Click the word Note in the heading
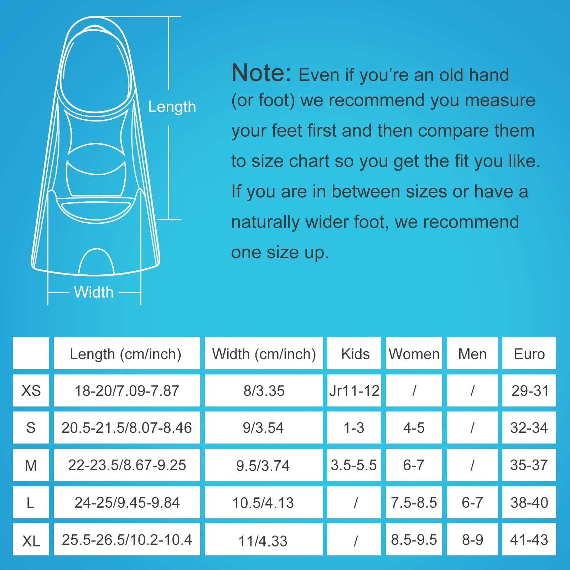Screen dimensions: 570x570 tap(261, 73)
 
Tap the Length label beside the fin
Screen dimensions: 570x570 tap(172, 107)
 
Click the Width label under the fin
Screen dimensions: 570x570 tap(94, 292)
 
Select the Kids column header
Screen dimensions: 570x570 tap(355, 354)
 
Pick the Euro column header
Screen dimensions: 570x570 tap(529, 354)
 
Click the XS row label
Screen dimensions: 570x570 tap(31, 390)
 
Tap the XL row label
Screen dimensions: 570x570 tap(31, 541)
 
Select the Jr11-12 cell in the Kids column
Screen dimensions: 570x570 tap(354, 390)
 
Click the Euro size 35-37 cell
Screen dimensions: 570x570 tap(529, 465)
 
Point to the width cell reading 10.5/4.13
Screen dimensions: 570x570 tap(263, 503)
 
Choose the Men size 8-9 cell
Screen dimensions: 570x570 tap(472, 540)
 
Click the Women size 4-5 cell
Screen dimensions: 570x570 tap(414, 427)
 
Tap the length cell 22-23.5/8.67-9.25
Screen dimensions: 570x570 tap(127, 465)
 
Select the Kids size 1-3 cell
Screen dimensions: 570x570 tap(354, 427)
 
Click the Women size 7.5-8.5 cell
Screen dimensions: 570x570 tap(414, 502)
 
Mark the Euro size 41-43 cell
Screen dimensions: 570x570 tap(529, 540)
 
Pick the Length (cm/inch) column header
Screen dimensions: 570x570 tap(125, 354)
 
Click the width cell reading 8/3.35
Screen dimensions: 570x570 tap(264, 390)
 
